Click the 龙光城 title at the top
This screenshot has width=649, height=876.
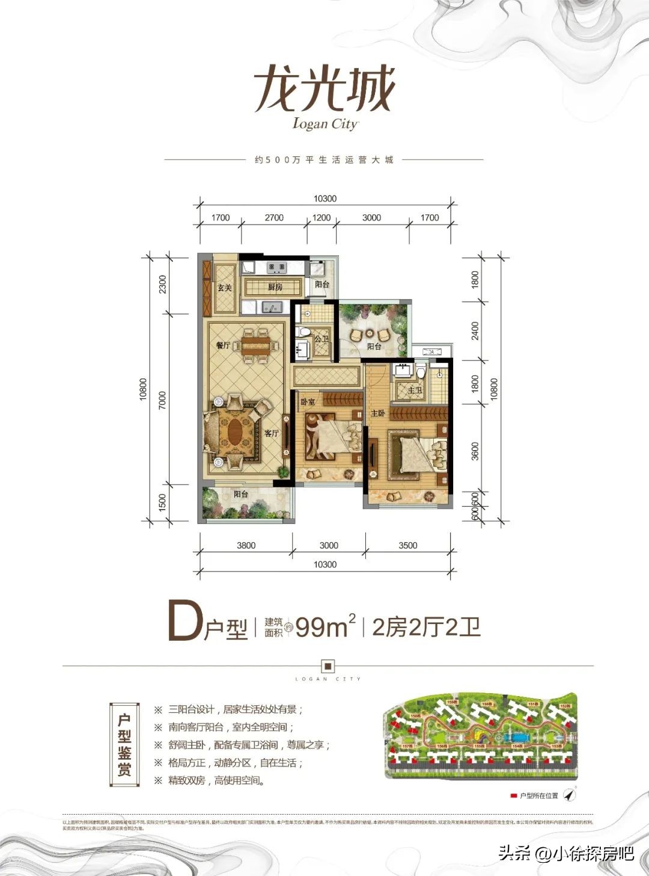click(x=324, y=89)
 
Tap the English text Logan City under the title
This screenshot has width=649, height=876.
click(x=325, y=123)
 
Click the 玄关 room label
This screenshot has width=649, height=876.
click(x=224, y=288)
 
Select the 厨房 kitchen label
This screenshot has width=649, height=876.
click(x=275, y=287)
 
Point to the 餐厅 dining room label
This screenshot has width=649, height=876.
click(x=223, y=345)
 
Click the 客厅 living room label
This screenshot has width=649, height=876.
click(x=272, y=433)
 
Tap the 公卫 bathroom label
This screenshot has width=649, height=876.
click(x=322, y=339)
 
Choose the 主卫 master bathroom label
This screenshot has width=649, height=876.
click(x=415, y=390)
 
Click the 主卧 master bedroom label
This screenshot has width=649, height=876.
click(x=377, y=413)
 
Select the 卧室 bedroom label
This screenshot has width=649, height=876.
click(x=308, y=401)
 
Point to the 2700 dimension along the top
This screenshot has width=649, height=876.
click(x=274, y=218)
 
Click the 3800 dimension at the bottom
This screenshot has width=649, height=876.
click(x=246, y=545)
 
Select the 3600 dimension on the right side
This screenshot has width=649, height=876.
click(x=475, y=451)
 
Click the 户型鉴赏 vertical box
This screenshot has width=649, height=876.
click(x=124, y=745)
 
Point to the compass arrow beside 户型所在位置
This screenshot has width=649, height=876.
click(x=569, y=795)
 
